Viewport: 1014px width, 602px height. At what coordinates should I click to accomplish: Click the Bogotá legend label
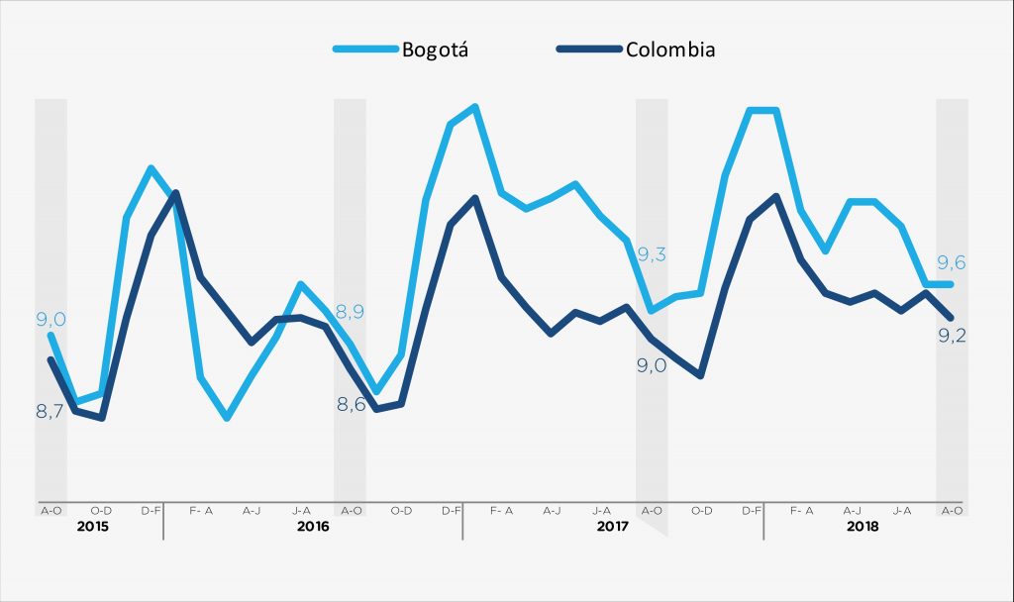pos(435,50)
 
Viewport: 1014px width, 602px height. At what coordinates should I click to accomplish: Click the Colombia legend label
pos(670,50)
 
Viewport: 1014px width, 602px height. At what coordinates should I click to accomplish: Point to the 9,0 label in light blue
pos(51,319)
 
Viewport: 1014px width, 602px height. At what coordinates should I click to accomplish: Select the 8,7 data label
pos(51,411)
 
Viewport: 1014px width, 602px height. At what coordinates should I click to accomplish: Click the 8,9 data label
pos(351,312)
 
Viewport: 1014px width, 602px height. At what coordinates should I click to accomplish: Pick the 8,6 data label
pos(351,404)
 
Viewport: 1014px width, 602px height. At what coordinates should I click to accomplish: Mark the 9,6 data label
pos(952,262)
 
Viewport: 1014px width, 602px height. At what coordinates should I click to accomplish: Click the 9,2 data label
pos(952,336)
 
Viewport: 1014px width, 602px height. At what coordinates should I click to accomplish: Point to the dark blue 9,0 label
pos(651,366)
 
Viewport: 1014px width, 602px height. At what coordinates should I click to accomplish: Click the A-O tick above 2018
pos(952,511)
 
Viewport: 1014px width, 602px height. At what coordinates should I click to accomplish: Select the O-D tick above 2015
pos(101,511)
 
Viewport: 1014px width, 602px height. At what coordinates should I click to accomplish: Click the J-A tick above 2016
pos(302,511)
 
